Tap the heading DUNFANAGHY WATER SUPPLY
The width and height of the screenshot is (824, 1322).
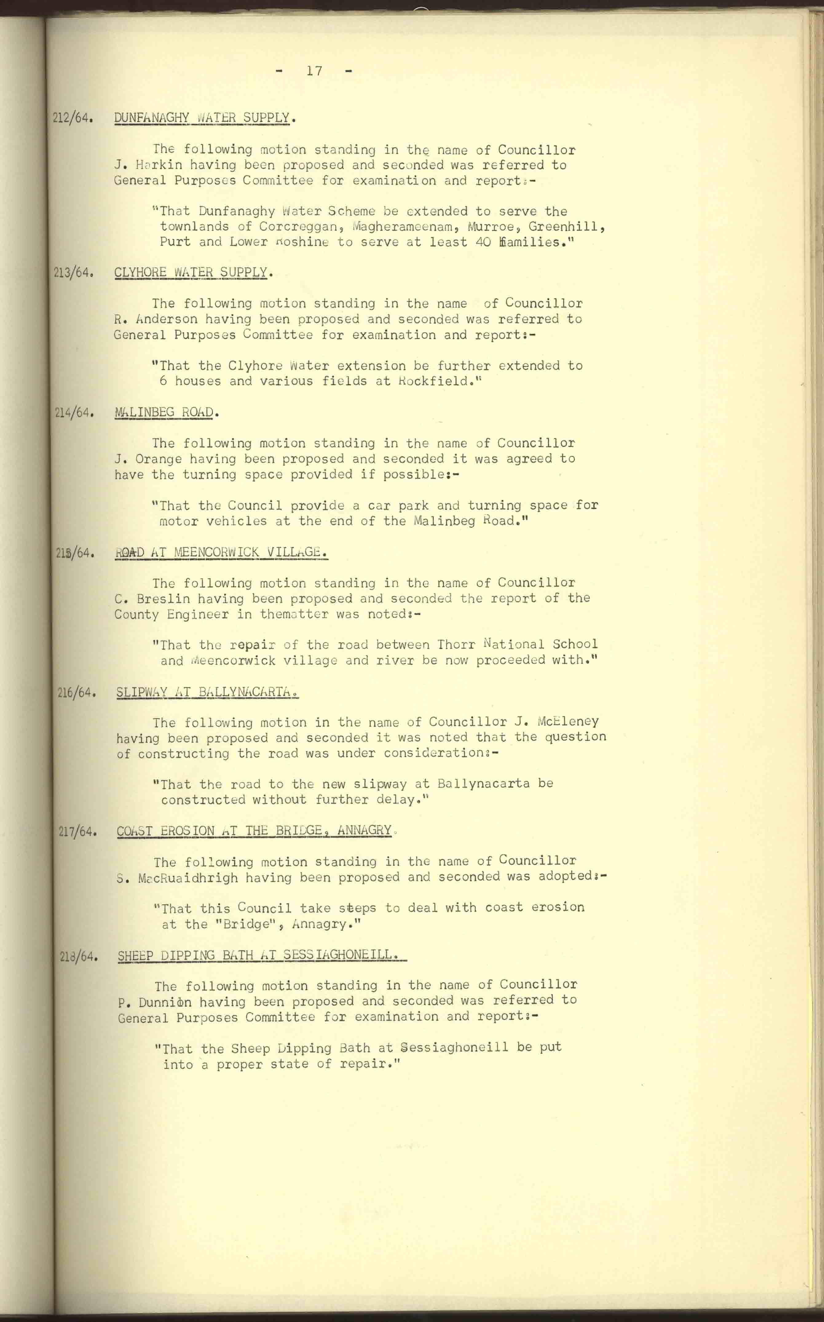(x=202, y=118)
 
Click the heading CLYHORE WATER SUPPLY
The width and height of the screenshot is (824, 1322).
(x=191, y=272)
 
